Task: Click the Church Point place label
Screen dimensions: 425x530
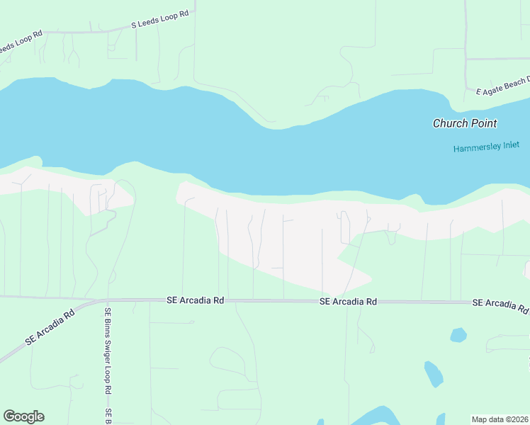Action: tap(465, 123)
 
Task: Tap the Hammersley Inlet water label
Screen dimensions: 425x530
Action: tap(487, 149)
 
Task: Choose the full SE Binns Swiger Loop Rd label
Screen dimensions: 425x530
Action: tap(108, 351)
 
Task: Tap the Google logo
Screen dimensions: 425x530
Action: tap(23, 416)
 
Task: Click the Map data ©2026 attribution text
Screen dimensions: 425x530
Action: tap(500, 419)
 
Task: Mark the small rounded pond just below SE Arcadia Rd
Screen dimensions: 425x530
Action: tap(458, 334)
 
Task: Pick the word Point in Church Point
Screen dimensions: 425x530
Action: tap(484, 123)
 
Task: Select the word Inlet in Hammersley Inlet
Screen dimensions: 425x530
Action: tap(511, 149)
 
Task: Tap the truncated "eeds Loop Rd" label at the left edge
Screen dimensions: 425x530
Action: tap(21, 42)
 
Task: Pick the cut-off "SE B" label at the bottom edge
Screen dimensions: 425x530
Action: tap(108, 416)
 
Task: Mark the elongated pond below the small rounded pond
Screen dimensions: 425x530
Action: tap(434, 374)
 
